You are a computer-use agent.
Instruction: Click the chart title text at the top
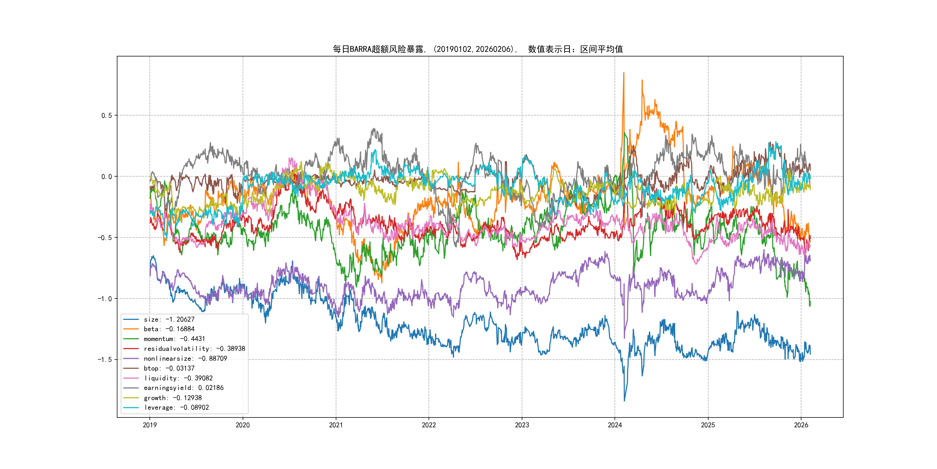click(477, 49)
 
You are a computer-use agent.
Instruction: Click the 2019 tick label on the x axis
click(150, 425)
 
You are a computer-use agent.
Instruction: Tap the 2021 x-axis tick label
click(336, 425)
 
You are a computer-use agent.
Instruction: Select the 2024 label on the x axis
click(615, 425)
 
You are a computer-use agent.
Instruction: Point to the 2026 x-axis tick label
click(801, 425)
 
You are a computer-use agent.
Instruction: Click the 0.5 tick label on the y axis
click(107, 116)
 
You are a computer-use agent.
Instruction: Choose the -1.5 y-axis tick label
click(104, 359)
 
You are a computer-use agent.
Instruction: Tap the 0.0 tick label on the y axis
click(107, 177)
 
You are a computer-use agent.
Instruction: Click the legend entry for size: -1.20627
click(169, 319)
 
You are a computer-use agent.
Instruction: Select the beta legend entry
click(169, 329)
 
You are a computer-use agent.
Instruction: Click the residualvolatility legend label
click(194, 349)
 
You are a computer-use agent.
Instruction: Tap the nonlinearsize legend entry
click(185, 359)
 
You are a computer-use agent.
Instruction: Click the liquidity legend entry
click(178, 378)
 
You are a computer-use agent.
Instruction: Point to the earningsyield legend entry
click(184, 388)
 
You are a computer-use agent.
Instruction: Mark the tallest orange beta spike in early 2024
click(624, 73)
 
